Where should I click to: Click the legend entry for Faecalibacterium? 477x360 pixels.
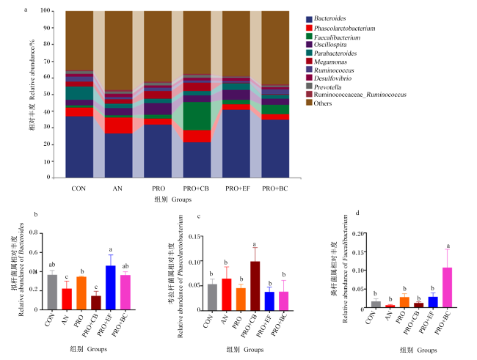333,37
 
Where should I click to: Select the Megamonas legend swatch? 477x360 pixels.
309,61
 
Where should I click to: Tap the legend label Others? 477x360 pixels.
322,103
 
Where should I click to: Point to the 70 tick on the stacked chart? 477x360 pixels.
46,61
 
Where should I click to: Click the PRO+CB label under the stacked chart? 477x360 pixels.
196,188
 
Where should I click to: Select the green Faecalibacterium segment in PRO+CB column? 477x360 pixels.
197,116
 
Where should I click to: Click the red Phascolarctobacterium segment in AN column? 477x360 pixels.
119,125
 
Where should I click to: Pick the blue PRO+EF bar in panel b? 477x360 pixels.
111,287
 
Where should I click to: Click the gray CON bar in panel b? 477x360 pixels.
52,293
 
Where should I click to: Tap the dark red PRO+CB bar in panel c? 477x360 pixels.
255,286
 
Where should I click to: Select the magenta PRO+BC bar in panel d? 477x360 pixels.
447,287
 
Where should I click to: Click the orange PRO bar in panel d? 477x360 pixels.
404,302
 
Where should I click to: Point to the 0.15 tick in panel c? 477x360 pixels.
195,237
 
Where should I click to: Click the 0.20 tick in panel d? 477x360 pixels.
358,233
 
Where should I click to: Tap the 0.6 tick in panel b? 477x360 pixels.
34,252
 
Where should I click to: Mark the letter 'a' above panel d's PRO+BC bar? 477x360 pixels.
448,246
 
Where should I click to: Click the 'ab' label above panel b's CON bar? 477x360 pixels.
52,265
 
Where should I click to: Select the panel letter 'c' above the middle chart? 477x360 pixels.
199,216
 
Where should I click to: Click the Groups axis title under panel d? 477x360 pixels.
418,350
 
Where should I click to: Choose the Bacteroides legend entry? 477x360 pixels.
326,18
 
